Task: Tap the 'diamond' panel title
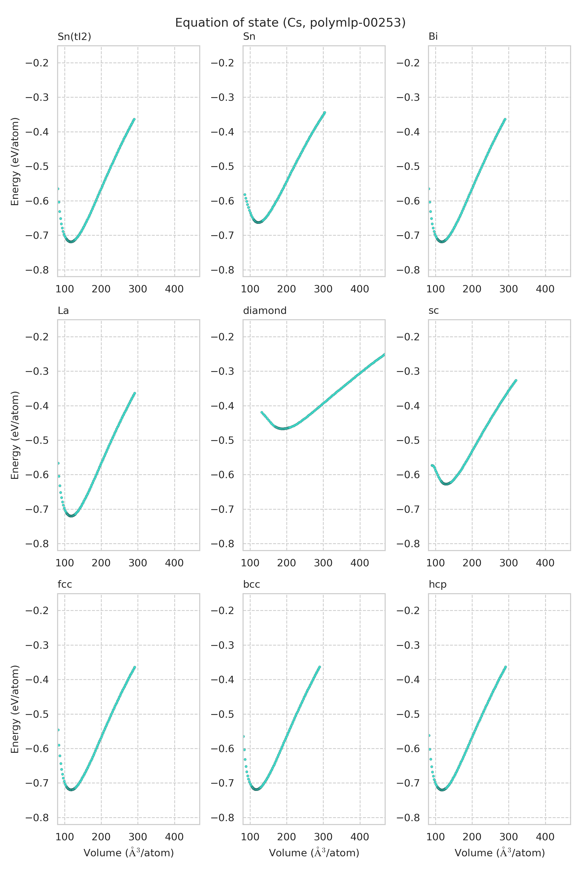click(x=265, y=311)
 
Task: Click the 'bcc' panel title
click(x=251, y=585)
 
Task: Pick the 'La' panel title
click(x=63, y=311)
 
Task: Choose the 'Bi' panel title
click(x=433, y=37)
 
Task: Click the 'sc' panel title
click(x=434, y=311)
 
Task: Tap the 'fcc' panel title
click(x=65, y=585)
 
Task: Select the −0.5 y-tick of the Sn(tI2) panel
click(x=37, y=166)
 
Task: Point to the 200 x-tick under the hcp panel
click(x=472, y=837)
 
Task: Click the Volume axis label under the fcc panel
click(x=129, y=853)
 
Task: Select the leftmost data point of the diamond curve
click(x=262, y=412)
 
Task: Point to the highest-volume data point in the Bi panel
click(x=505, y=119)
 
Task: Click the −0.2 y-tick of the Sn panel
click(x=223, y=63)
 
